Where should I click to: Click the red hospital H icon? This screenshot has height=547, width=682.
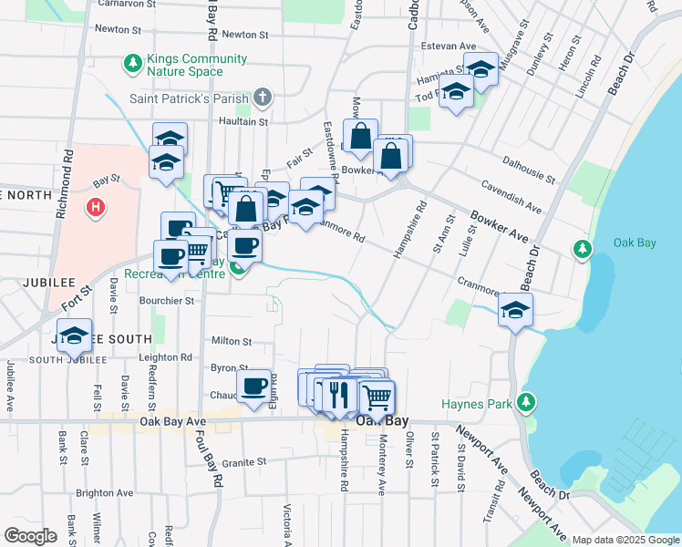95,209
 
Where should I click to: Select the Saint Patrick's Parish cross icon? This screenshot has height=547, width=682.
263,98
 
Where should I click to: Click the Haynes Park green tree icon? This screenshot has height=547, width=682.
525,402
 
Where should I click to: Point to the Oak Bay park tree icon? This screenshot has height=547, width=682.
581,249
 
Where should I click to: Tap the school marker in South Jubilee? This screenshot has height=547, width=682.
75,335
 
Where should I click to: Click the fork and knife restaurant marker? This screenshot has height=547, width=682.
338,394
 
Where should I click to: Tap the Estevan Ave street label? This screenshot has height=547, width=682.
454,46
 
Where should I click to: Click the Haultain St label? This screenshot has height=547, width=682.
243,120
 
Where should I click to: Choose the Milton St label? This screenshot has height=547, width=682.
231,341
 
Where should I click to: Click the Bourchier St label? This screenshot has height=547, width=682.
167,300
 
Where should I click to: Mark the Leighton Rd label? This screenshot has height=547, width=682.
165,358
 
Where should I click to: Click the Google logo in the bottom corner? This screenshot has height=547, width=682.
30,536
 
